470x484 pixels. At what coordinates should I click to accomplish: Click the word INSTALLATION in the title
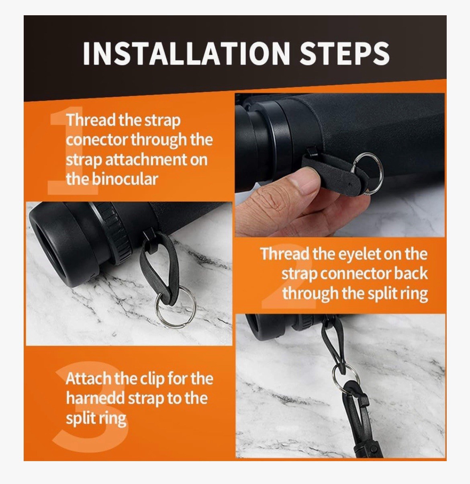(x=186, y=53)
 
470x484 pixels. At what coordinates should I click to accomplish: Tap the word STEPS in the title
(x=345, y=53)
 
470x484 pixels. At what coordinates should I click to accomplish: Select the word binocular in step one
(x=125, y=179)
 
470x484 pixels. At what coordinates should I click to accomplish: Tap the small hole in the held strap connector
(x=350, y=184)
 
